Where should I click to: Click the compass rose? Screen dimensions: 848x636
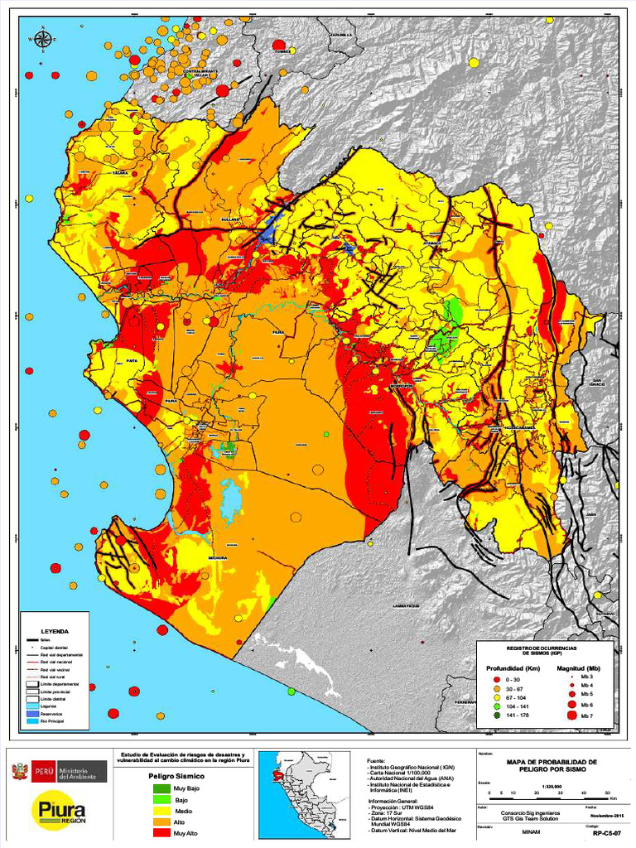click(x=41, y=37)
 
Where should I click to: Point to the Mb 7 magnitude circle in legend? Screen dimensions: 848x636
click(x=572, y=715)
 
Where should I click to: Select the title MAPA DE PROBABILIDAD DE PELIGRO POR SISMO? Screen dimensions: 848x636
click(x=551, y=765)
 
